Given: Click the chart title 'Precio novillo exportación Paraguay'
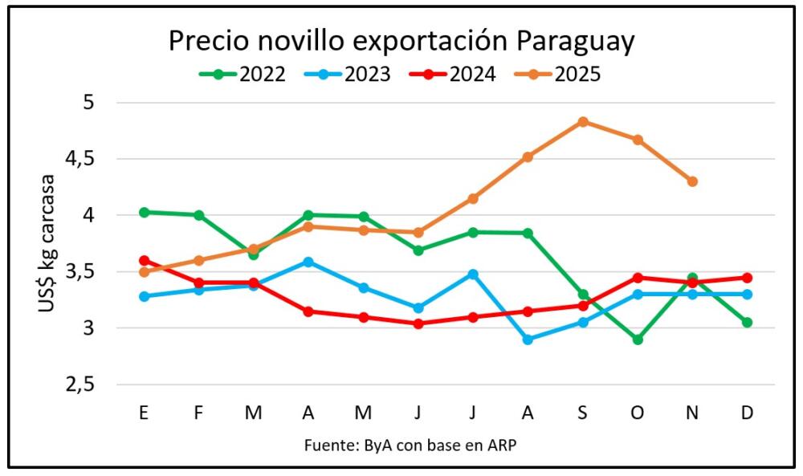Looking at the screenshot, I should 401,40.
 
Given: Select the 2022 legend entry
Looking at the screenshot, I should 243,75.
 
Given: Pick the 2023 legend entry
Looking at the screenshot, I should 348,75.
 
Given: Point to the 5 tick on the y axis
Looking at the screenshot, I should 88,103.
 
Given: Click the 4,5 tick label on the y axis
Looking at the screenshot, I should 79,159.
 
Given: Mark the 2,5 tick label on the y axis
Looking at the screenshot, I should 79,384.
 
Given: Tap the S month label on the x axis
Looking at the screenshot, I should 582,413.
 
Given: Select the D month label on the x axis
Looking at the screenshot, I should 747,413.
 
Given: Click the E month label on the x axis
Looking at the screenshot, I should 144,413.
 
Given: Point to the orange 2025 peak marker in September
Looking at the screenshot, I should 583,122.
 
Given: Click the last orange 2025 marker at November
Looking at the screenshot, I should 692,181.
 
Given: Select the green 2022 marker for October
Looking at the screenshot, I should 638,340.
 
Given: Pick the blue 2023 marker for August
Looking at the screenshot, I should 528,340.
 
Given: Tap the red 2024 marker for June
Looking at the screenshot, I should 418,323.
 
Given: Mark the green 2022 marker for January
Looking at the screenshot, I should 145,212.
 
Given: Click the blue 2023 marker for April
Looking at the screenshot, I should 308,262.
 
